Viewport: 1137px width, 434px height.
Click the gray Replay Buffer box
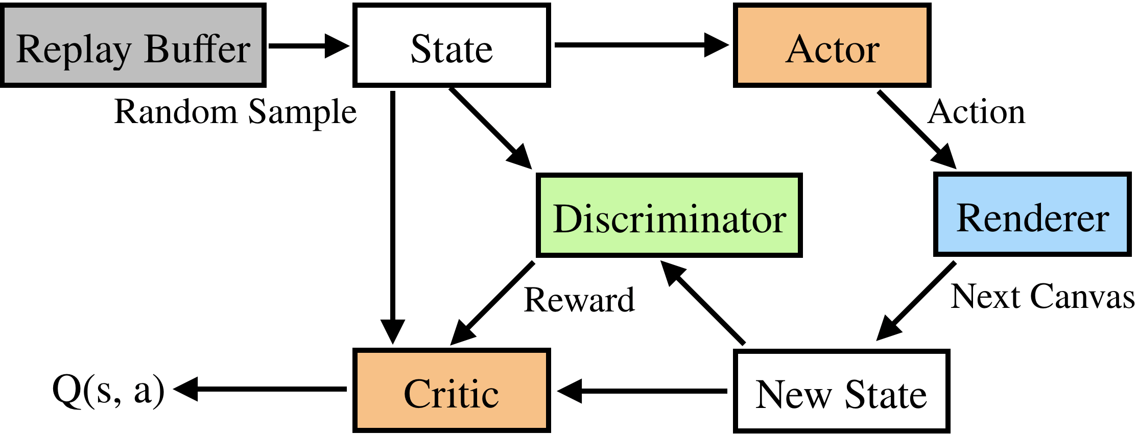coord(133,46)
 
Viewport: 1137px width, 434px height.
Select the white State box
coord(452,46)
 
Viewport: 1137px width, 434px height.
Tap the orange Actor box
coord(832,46)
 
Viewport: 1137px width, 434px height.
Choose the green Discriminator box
coord(669,215)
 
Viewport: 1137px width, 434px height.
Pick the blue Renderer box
coord(1032,215)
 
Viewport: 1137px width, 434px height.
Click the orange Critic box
coord(452,391)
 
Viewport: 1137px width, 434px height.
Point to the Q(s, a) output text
coord(108,390)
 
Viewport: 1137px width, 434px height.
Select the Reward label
coord(579,300)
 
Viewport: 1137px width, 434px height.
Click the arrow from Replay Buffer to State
coord(306,46)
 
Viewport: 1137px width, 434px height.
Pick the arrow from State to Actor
coord(638,45)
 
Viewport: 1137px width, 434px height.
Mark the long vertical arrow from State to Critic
coord(392,214)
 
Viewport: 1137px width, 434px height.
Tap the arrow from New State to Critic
coord(644,391)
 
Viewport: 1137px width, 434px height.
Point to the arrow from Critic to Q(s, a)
coord(260,389)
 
